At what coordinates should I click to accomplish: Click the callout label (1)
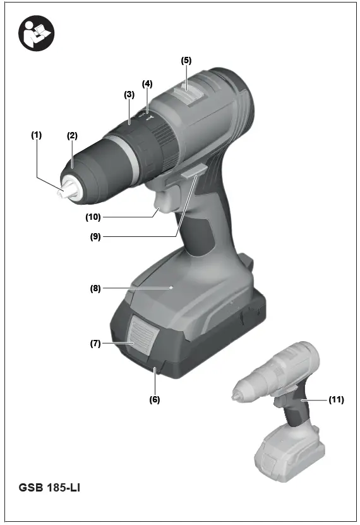pyautogui.click(x=37, y=135)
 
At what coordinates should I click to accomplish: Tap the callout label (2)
pyautogui.click(x=72, y=135)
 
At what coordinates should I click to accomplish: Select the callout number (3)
pyautogui.click(x=129, y=94)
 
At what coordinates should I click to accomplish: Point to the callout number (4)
pyautogui.click(x=147, y=83)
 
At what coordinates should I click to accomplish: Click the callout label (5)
pyautogui.click(x=186, y=61)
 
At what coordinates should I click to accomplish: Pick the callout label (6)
pyautogui.click(x=155, y=400)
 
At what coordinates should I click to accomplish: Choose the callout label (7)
pyautogui.click(x=95, y=343)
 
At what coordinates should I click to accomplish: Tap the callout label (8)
pyautogui.click(x=95, y=288)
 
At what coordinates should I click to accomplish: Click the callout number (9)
pyautogui.click(x=95, y=237)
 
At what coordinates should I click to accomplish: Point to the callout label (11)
pyautogui.click(x=337, y=400)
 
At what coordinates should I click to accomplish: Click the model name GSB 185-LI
pyautogui.click(x=49, y=487)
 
